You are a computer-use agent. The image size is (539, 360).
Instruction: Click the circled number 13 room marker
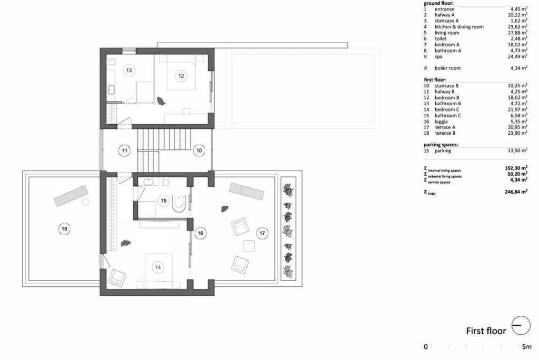[x=129, y=70]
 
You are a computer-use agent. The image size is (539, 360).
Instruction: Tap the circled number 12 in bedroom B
[x=181, y=76]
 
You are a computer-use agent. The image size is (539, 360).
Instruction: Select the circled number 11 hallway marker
[x=124, y=151]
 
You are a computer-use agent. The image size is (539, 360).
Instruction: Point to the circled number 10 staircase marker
[x=199, y=150]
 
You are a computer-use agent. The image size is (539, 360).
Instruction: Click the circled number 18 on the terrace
[x=64, y=228]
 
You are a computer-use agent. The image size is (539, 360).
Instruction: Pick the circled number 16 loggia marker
[x=201, y=233]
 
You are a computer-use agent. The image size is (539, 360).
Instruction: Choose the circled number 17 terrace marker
[x=262, y=233]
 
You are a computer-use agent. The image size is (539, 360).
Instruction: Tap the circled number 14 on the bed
[x=158, y=267]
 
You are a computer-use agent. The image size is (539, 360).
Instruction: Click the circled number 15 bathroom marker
[x=164, y=201]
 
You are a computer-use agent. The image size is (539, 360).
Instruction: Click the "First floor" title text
[x=486, y=331]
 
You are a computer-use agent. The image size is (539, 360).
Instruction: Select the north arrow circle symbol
[x=521, y=325]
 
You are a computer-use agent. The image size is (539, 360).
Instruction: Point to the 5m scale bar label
[x=526, y=347]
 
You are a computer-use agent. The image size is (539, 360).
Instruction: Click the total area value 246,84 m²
[x=516, y=192]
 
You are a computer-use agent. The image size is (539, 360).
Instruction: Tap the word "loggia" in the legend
[x=441, y=122]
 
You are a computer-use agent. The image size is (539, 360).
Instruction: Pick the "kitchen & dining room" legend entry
[x=459, y=27]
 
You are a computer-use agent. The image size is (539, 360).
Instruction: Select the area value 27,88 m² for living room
[x=518, y=33]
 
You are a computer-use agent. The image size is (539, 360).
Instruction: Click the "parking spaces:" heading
[x=441, y=145]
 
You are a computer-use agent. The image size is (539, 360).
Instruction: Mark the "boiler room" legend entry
[x=447, y=68]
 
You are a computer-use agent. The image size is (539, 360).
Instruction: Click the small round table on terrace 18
[x=85, y=202]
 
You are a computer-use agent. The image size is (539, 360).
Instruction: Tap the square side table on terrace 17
[x=249, y=246]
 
